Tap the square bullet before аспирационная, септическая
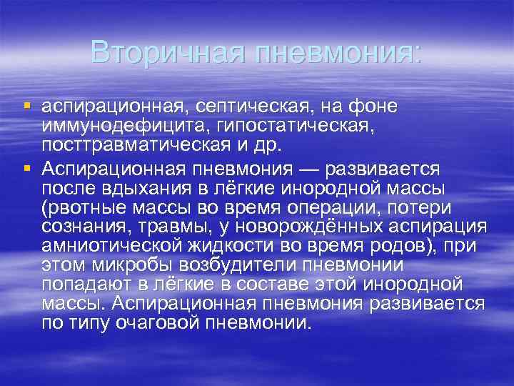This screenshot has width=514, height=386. [27, 107]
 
